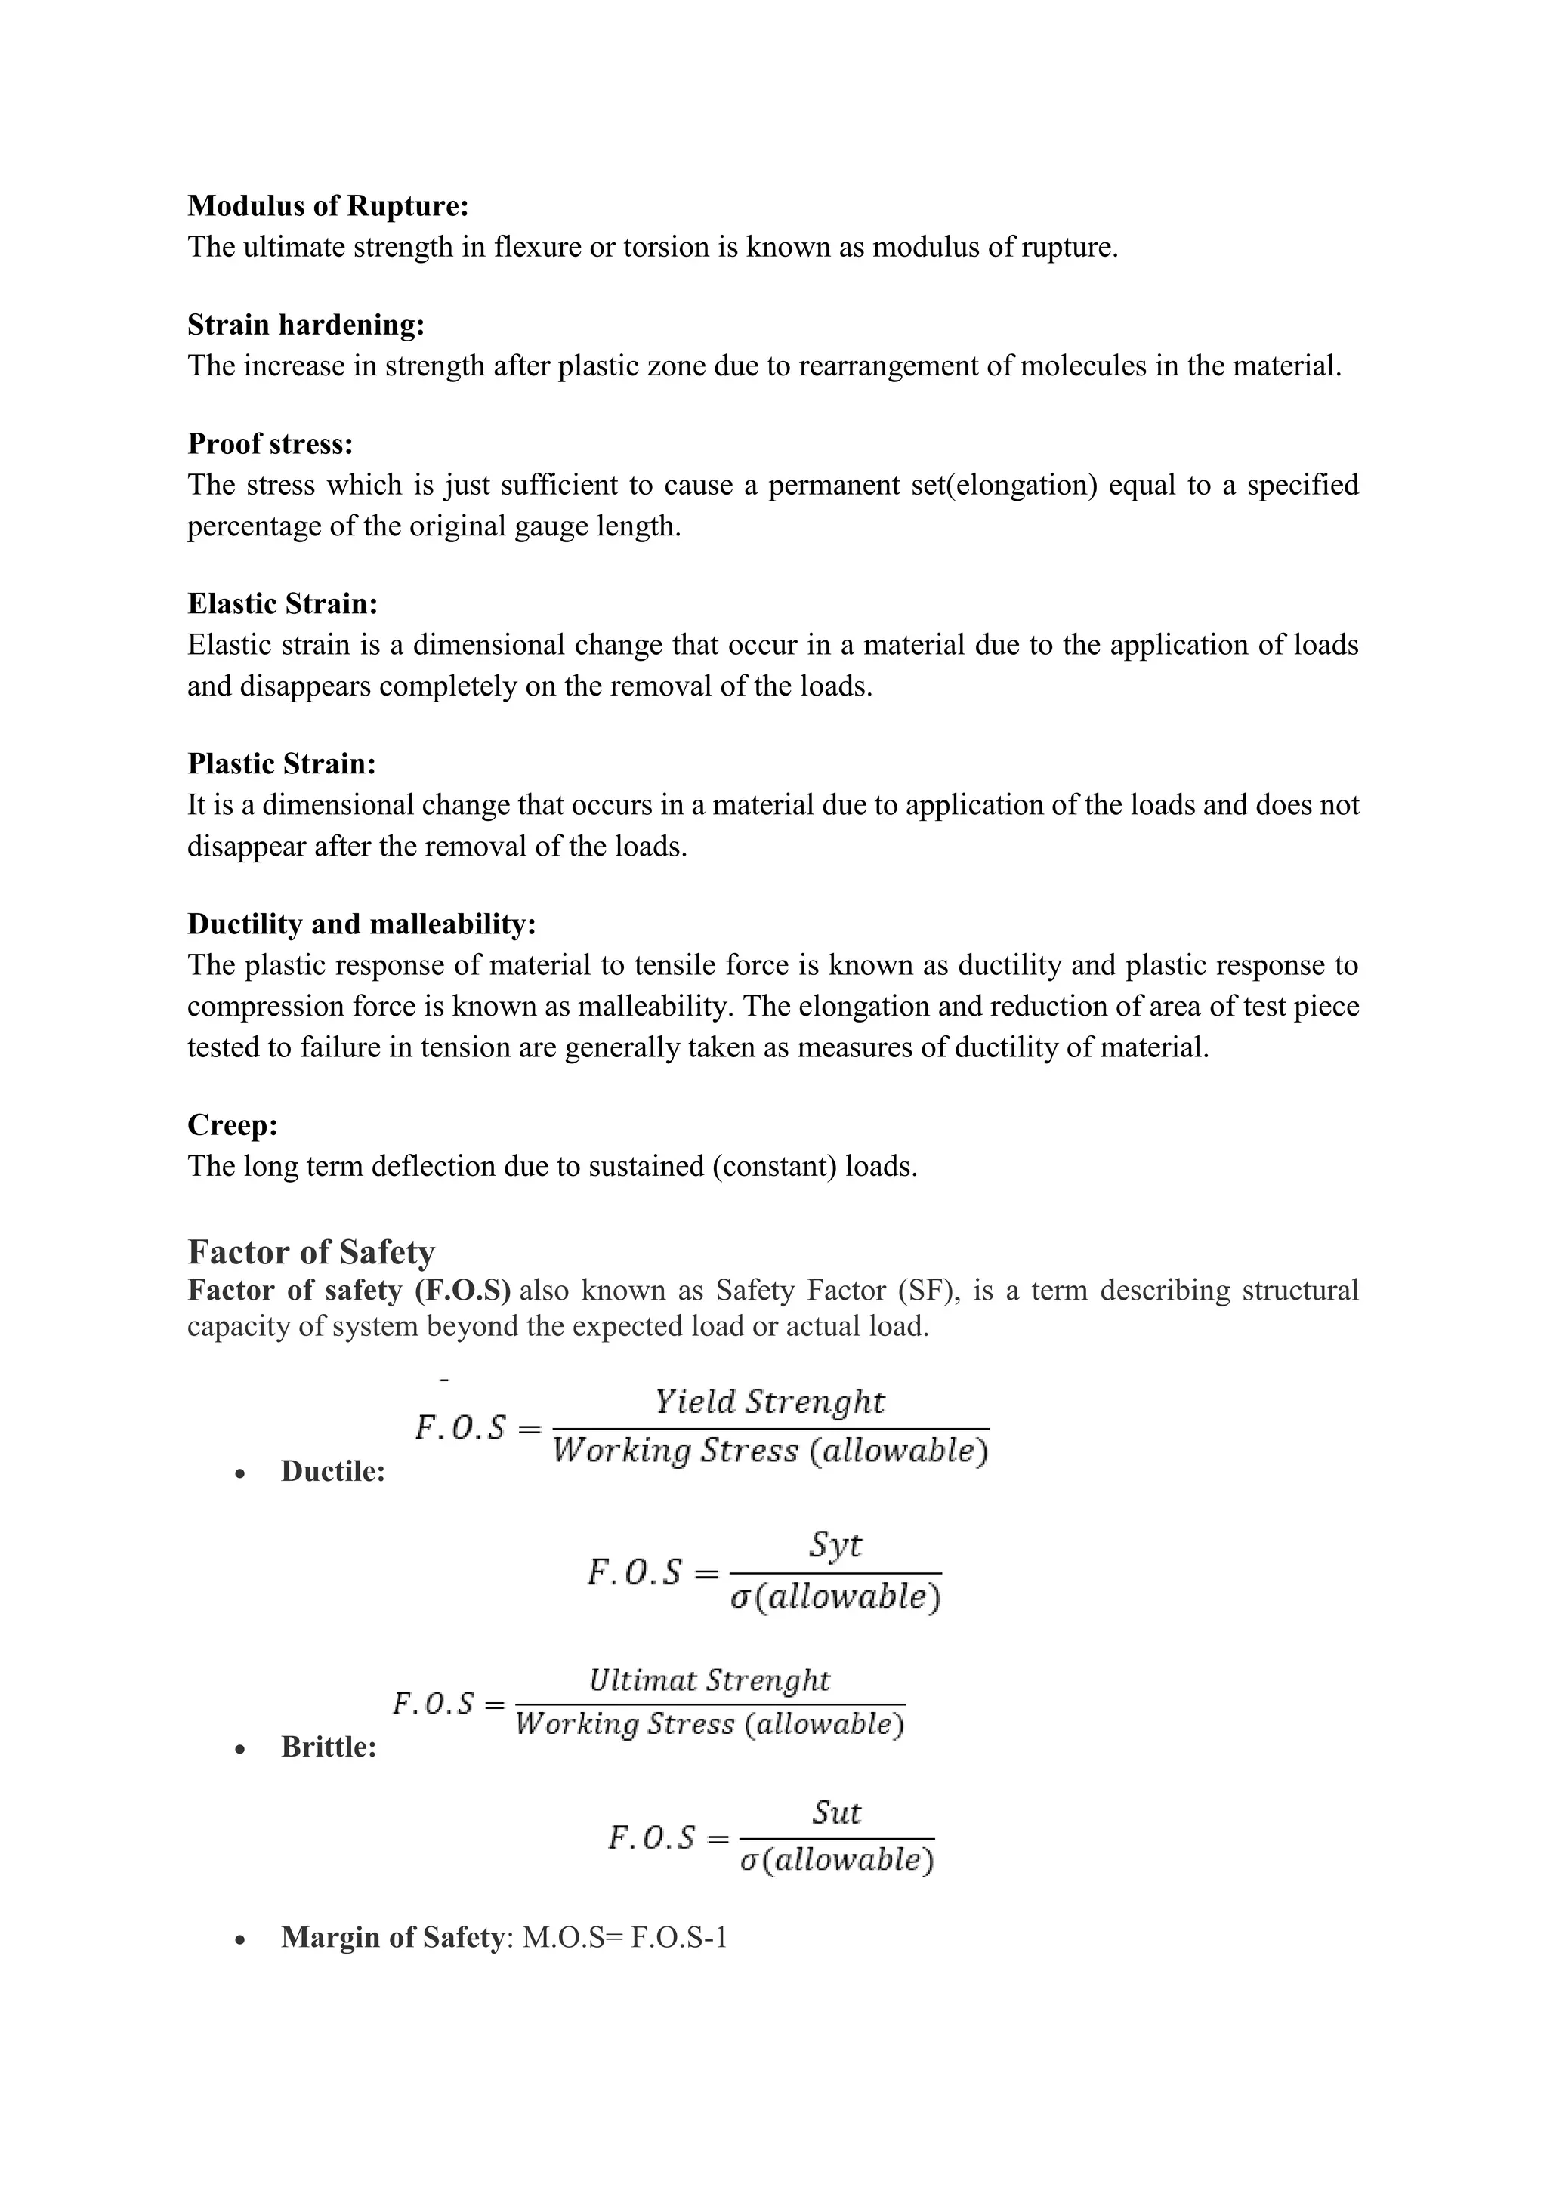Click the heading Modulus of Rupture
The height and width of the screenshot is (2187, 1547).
[x=328, y=205]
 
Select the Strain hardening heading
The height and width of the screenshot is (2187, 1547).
[x=306, y=325]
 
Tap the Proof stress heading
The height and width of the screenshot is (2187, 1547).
[x=270, y=444]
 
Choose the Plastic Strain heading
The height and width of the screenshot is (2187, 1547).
[x=281, y=764]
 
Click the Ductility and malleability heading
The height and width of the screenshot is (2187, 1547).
[x=361, y=924]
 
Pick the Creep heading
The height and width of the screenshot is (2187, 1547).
[x=233, y=1125]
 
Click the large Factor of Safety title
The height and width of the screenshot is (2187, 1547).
[x=310, y=1251]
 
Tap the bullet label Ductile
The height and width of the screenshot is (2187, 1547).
[x=332, y=1472]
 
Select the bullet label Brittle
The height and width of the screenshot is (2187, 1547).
[x=329, y=1747]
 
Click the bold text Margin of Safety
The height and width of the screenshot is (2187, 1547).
[x=391, y=1938]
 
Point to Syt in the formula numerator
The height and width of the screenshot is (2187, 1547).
[x=835, y=1544]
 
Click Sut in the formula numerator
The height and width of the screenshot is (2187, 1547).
[x=836, y=1812]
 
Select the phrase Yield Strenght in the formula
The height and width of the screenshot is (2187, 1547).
[x=769, y=1402]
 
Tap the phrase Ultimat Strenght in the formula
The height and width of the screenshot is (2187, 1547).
[x=710, y=1680]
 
